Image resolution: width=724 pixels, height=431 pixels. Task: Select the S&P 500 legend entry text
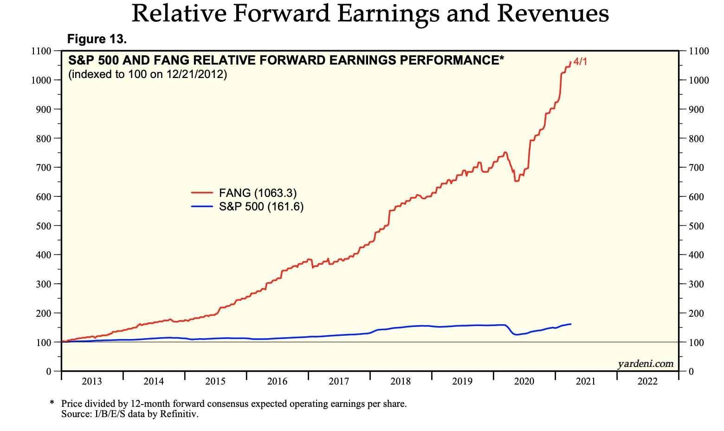pyautogui.click(x=261, y=206)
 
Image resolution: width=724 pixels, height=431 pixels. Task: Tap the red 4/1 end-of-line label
pyautogui.click(x=580, y=61)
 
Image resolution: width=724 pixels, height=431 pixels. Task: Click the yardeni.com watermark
pyautogui.click(x=646, y=364)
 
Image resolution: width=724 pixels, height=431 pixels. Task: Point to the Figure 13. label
pyautogui.click(x=97, y=39)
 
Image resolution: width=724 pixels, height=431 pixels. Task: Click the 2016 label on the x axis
pyautogui.click(x=277, y=382)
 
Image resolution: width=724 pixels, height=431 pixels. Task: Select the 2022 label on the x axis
pyautogui.click(x=647, y=382)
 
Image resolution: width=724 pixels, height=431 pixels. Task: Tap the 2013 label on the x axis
pyautogui.click(x=92, y=382)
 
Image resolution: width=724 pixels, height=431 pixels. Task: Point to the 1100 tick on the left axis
pyautogui.click(x=41, y=51)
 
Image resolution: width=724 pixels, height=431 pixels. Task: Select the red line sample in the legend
pyautogui.click(x=202, y=193)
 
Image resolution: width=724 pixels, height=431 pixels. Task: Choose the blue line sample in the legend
pyautogui.click(x=202, y=206)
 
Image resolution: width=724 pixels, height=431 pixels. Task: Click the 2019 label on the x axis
pyautogui.click(x=462, y=382)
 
